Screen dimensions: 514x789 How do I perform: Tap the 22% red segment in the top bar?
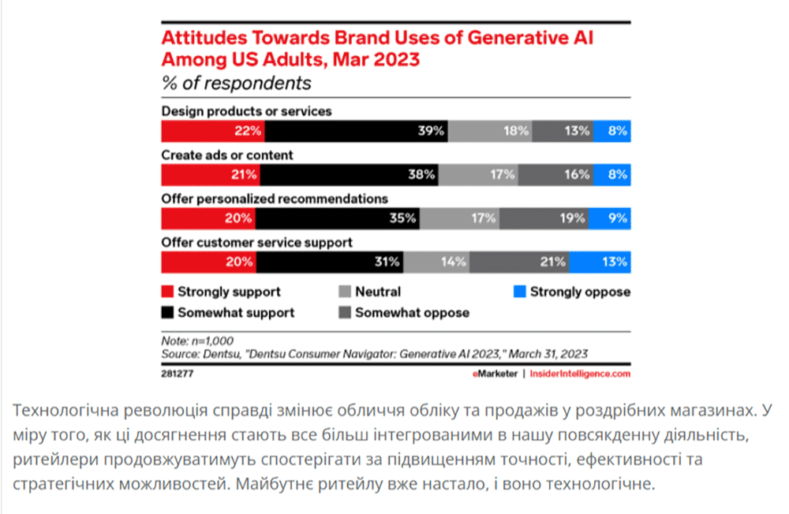[213, 131]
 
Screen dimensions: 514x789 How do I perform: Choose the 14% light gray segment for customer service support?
[436, 261]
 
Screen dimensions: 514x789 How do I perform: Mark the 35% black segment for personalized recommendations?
[338, 218]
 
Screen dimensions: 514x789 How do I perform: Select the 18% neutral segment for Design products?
[489, 131]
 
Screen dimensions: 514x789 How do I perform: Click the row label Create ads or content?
[227, 155]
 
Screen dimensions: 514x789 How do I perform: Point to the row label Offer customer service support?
[256, 242]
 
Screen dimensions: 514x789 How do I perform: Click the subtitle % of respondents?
[236, 83]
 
